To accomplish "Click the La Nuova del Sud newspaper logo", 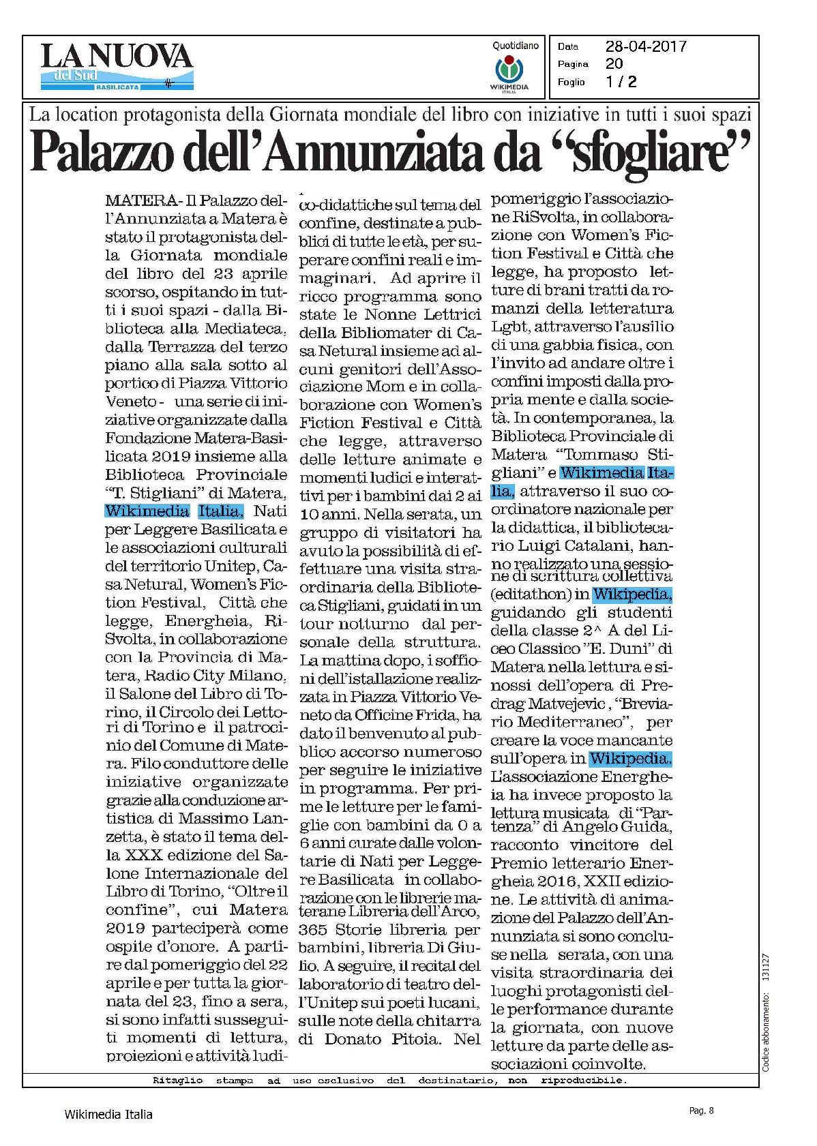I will coord(117,66).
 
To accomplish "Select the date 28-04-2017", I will coord(645,46).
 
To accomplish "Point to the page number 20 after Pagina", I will coord(614,64).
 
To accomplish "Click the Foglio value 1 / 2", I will coord(621,82).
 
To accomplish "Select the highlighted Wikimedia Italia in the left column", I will coord(174,511).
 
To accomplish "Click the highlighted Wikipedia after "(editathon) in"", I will coord(632,594).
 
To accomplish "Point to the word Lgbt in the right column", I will coord(510,327).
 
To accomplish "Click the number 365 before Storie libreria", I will coord(313,930).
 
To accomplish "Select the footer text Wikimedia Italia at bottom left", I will coord(108,1115).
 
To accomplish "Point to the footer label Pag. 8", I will coord(701,1111).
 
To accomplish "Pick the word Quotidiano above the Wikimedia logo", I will coord(515,46).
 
